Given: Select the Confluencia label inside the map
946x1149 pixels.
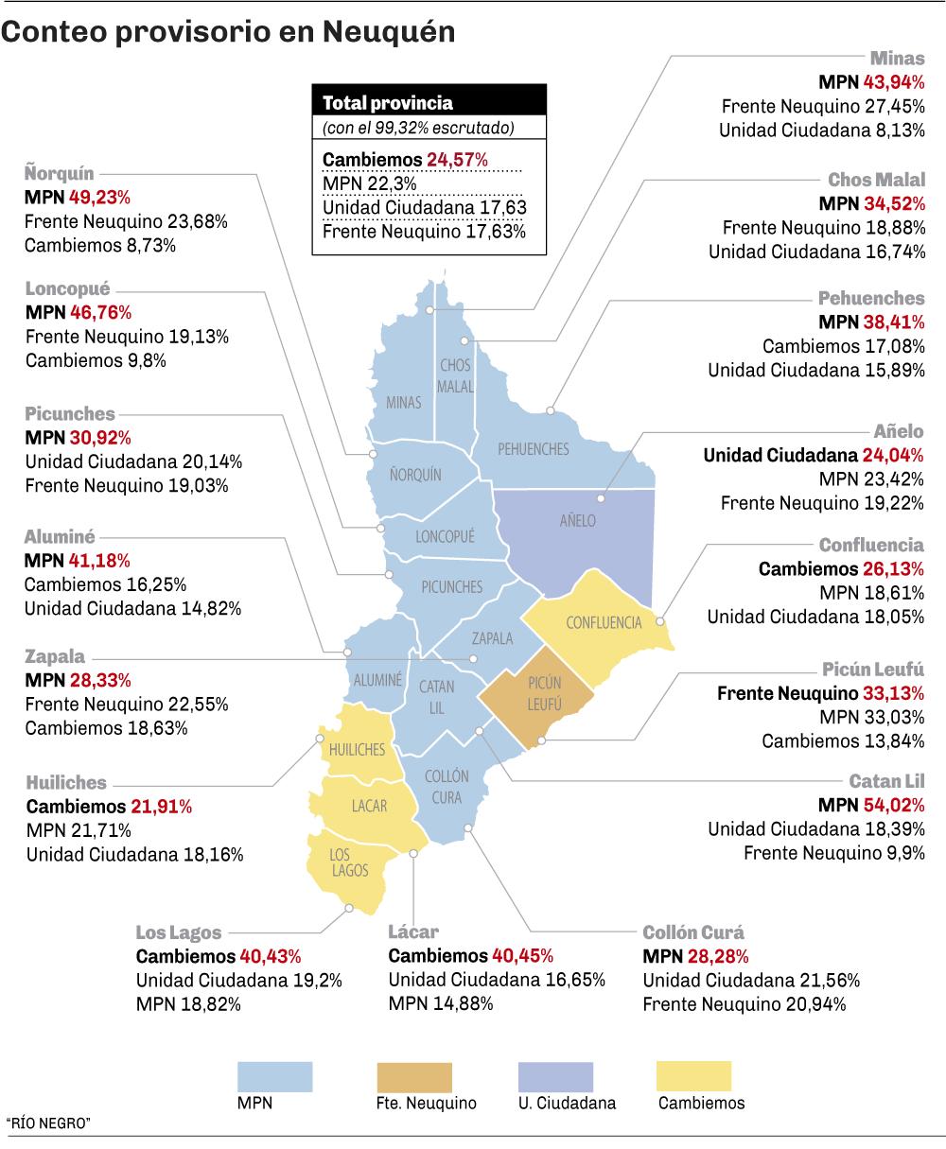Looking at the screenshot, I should tap(604, 622).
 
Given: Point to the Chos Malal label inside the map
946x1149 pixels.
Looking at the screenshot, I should tap(455, 375).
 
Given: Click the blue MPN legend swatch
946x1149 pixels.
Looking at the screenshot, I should tap(274, 1076).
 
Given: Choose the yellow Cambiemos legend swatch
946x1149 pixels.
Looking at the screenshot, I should tap(693, 1076).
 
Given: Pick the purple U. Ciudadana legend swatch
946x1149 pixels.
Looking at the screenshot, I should tap(555, 1076).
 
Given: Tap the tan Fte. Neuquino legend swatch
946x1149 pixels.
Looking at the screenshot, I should tap(414, 1076).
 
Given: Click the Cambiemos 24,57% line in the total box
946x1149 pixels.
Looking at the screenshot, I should tap(406, 160).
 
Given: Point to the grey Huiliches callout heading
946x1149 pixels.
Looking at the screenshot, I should tap(66, 783).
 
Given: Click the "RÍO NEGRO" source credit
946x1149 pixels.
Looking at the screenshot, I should tap(47, 1123).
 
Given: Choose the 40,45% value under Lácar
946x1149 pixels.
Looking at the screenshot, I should tap(522, 955).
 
